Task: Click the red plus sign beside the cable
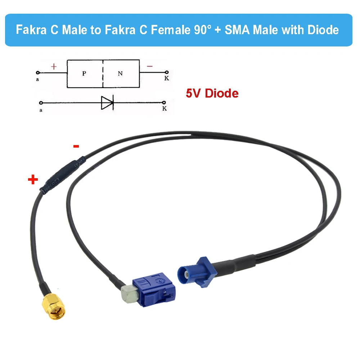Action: (x=33, y=180)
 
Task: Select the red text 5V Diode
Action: (x=212, y=94)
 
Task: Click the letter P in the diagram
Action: (x=84, y=73)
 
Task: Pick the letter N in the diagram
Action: (x=120, y=73)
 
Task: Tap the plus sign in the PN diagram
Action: (x=54, y=67)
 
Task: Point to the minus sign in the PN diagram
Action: (x=150, y=66)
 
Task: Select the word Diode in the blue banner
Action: (x=323, y=30)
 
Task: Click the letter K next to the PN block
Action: (x=166, y=78)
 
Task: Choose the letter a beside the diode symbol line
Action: (x=41, y=111)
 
